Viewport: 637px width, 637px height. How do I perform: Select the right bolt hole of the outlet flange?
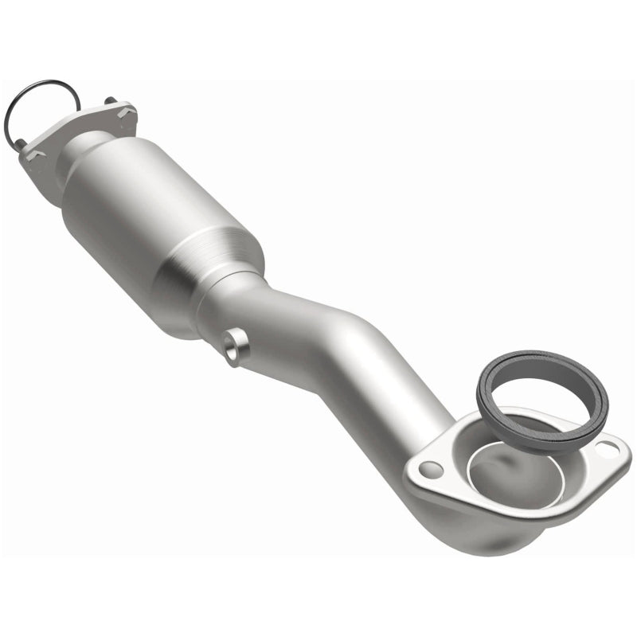pos(609,449)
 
